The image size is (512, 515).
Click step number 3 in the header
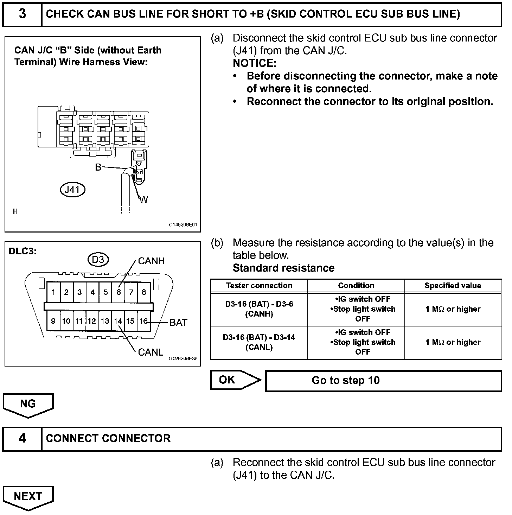click(x=22, y=14)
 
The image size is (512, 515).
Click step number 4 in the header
click(x=22, y=438)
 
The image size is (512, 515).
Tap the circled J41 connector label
click(x=72, y=190)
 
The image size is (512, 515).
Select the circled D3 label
click(x=98, y=260)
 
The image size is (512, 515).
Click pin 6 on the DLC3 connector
click(x=119, y=292)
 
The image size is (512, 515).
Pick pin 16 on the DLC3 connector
click(x=143, y=321)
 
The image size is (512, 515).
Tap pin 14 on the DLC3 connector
click(x=118, y=321)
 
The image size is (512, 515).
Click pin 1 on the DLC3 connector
click(x=53, y=292)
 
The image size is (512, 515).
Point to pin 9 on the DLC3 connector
click(x=53, y=321)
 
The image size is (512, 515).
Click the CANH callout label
click(x=151, y=261)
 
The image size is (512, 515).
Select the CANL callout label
click(x=151, y=352)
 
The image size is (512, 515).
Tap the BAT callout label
click(x=178, y=323)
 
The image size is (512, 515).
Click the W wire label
click(x=144, y=199)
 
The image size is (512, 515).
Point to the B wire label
click(x=98, y=167)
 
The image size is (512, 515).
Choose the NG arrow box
click(x=28, y=404)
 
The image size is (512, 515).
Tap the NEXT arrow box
click(x=28, y=496)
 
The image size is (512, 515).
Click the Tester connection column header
click(x=259, y=286)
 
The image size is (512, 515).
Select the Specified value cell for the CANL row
click(x=453, y=342)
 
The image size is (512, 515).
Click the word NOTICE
click(x=255, y=63)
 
